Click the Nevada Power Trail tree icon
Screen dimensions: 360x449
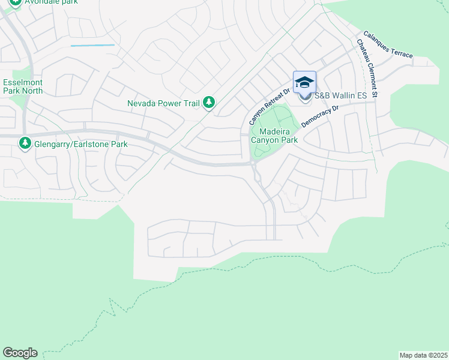pos(208,103)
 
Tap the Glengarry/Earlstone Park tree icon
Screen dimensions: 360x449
pos(25,144)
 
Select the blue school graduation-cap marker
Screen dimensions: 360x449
pos(304,82)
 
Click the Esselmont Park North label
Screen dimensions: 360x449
pos(23,86)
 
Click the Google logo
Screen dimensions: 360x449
pos(20,353)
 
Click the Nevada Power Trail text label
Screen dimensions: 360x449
pos(163,103)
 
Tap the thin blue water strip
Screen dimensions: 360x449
pos(92,45)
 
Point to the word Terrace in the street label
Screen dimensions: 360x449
pos(402,51)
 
